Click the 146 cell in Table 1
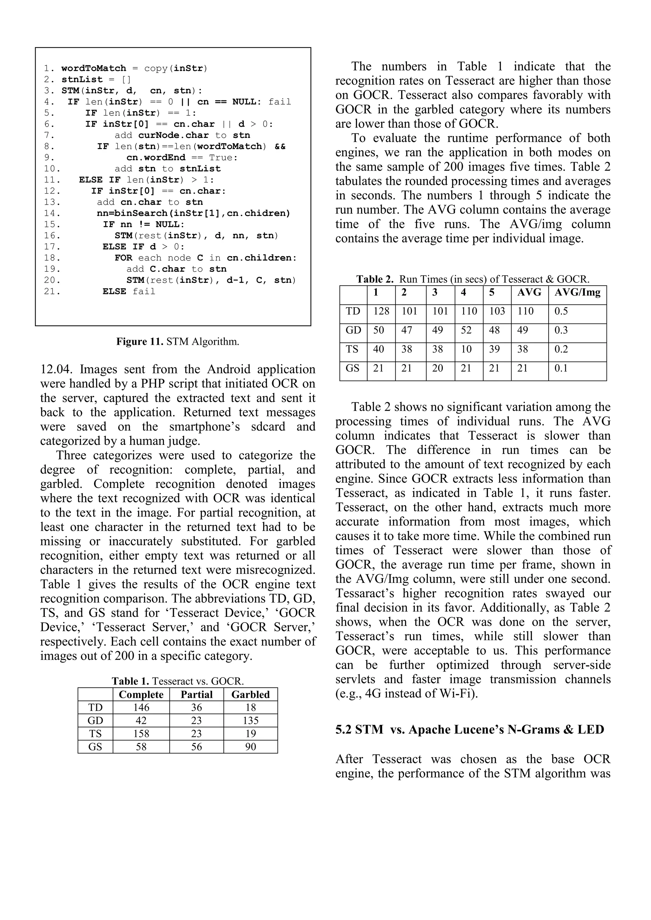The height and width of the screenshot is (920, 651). [141, 707]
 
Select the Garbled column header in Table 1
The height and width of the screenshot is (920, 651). [250, 694]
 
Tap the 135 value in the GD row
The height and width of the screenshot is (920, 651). [250, 720]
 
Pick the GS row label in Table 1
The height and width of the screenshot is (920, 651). [95, 746]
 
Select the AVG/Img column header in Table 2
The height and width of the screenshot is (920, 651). [577, 292]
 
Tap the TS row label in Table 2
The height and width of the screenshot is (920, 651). [352, 349]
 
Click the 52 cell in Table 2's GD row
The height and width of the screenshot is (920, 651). [466, 330]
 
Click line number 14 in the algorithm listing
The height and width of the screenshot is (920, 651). [52, 213]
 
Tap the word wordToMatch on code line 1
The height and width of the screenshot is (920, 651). [94, 69]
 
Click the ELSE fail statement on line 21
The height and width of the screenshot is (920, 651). [129, 291]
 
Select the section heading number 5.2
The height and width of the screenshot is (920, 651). [344, 730]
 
